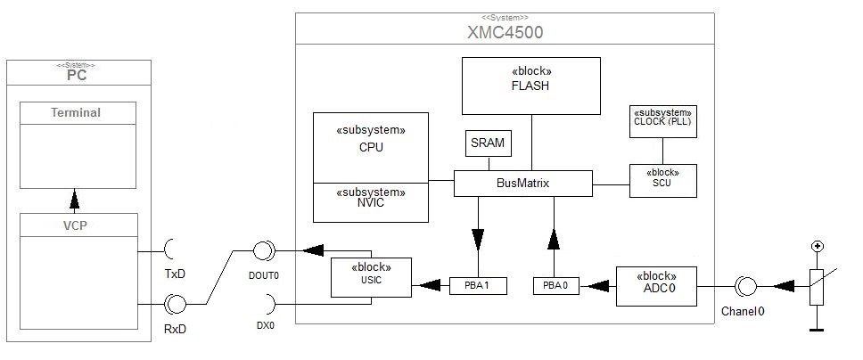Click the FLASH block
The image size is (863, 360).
pos(530,86)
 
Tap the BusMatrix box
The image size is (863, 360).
pos(523,184)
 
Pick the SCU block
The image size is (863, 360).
pos(662,181)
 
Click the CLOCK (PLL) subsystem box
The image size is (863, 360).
pos(662,122)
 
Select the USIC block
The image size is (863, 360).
pos(371,277)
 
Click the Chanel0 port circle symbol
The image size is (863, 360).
pos(745,286)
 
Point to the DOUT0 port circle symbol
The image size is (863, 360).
pos(264,250)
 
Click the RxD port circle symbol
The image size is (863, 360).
pos(175,305)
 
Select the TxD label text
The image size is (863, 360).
pos(175,272)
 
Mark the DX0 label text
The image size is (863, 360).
pos(264,326)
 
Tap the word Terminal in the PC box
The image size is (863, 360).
pos(76,113)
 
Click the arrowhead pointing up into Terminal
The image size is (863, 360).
pos(76,195)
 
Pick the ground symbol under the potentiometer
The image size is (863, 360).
pos(816,329)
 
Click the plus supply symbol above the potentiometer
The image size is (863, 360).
pos(816,247)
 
